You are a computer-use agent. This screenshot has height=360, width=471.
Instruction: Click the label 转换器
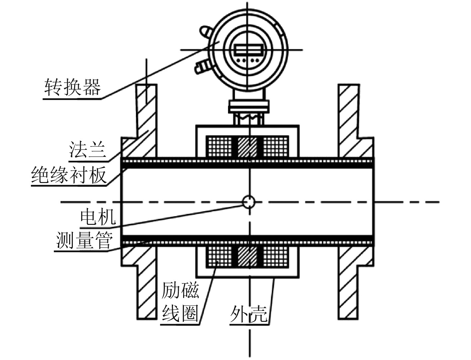(72, 87)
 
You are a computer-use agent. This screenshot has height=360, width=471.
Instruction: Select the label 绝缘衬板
(69, 175)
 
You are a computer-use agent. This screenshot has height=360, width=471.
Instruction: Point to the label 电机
(98, 217)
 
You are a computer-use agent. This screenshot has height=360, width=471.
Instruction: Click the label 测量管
(84, 241)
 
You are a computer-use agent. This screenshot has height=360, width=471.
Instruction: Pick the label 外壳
(249, 314)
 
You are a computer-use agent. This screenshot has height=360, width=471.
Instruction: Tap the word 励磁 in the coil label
(180, 290)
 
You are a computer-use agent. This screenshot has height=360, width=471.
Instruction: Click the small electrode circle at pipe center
(249, 201)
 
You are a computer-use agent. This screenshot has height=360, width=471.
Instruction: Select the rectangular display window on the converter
(247, 50)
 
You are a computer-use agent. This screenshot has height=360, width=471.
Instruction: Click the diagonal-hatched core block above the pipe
(247, 147)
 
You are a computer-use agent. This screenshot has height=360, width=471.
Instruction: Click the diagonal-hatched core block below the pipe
(247, 257)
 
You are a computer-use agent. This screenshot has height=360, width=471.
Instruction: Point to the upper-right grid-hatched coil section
(276, 147)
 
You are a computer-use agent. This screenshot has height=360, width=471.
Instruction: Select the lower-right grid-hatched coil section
(276, 257)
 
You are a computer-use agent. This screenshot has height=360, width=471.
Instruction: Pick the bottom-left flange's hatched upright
(147, 292)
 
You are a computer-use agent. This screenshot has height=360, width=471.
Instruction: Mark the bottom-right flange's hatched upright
(349, 292)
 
